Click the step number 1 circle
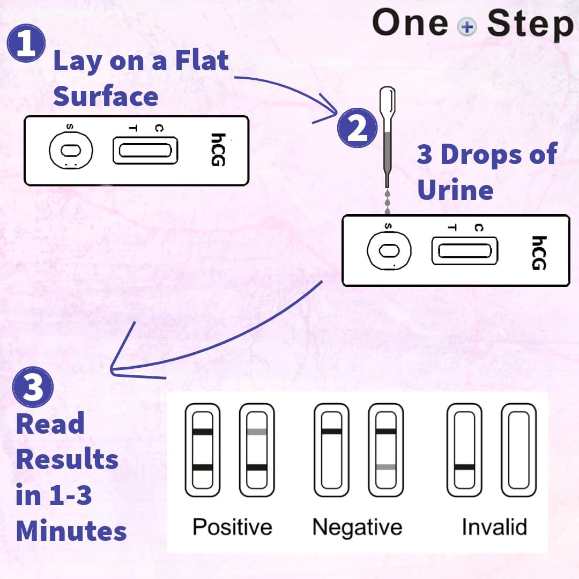pos(26,44)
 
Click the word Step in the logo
pos(530,25)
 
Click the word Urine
pos(455,190)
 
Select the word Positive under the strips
pos(232,526)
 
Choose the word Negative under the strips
pos(357,526)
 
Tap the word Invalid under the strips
pos(494,526)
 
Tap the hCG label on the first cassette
pos(217,150)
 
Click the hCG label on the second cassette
pos(539,253)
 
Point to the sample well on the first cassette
pos(71,150)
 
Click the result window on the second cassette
pos(464,251)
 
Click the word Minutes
pos(71,531)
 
